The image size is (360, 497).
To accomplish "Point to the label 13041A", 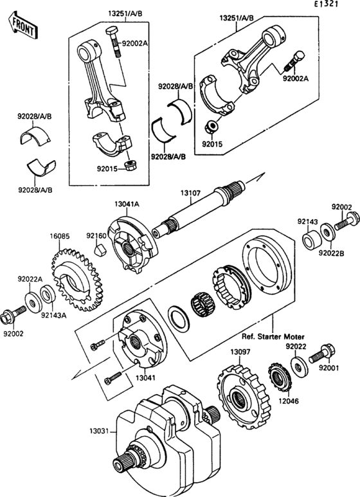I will coord(127,204).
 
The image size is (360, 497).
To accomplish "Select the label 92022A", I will coord(30,279).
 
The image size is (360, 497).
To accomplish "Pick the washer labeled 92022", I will coord(298,367).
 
